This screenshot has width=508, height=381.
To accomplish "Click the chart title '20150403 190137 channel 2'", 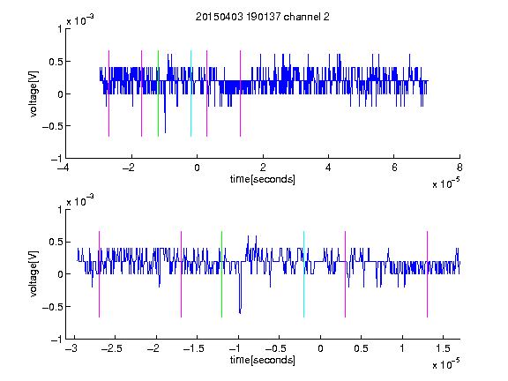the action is pyautogui.click(x=263, y=17).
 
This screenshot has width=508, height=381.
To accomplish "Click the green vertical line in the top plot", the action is pyautogui.click(x=158, y=93).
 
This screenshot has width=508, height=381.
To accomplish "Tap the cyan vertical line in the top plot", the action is pyautogui.click(x=190, y=93).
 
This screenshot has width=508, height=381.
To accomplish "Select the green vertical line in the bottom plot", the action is pyautogui.click(x=221, y=274).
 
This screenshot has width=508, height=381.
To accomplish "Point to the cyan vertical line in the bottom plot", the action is pyautogui.click(x=303, y=274).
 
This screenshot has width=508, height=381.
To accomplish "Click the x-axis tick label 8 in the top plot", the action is pyautogui.click(x=459, y=168).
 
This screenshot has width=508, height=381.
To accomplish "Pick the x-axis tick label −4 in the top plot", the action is pyautogui.click(x=63, y=168).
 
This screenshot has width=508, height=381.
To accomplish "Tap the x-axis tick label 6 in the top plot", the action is pyautogui.click(x=394, y=168).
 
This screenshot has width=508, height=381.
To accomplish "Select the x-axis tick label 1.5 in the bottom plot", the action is pyautogui.click(x=443, y=348).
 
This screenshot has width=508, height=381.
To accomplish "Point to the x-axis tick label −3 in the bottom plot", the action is pyautogui.click(x=71, y=348).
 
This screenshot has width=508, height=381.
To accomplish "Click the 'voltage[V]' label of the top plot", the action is pyautogui.click(x=34, y=93).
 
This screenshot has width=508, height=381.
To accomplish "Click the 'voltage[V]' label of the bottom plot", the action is pyautogui.click(x=34, y=274).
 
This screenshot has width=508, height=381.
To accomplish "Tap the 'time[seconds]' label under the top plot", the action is pyautogui.click(x=263, y=179).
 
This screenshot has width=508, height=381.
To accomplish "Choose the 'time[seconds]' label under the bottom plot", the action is pyautogui.click(x=263, y=360).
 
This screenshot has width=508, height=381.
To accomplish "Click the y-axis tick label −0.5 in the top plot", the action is pyautogui.click(x=52, y=126).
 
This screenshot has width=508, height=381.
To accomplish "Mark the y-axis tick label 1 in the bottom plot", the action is pyautogui.click(x=60, y=210).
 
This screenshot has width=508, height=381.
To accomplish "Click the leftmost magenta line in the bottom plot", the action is pyautogui.click(x=99, y=274).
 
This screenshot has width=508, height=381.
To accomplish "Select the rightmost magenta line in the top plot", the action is pyautogui.click(x=240, y=93).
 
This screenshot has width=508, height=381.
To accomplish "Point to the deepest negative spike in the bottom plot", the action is pyautogui.click(x=240, y=313).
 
